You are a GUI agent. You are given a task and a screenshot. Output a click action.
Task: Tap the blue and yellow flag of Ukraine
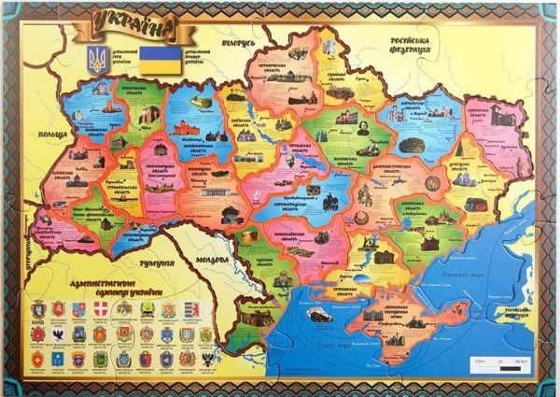click(x=155, y=60)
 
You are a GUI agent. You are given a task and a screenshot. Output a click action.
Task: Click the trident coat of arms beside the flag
click(x=95, y=61)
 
